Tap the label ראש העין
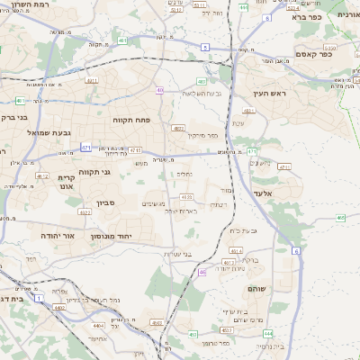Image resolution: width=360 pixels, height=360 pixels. [x=269, y=93]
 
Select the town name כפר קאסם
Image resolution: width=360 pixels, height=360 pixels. [x=311, y=54]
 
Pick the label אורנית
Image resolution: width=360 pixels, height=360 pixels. [x=347, y=15]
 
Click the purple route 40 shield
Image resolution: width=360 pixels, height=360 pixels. [x=159, y=90]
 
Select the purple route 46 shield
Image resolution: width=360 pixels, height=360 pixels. [x=202, y=271]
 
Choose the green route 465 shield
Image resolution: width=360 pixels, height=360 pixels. [x=340, y=217]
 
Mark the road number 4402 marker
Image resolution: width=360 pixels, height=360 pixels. [x=59, y=308]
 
